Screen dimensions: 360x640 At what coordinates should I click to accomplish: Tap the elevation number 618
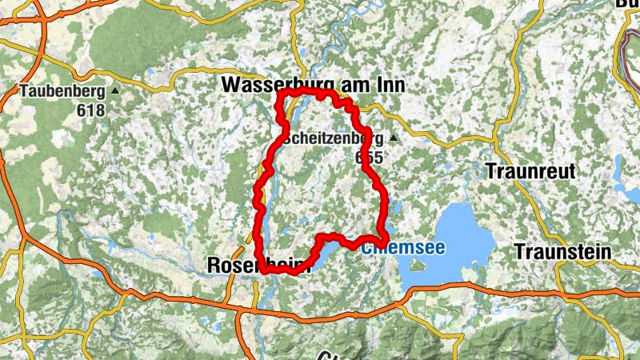click(x=91, y=110)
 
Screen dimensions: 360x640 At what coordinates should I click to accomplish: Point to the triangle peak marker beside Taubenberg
click(x=114, y=92)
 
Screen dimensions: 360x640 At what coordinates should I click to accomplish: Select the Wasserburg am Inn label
click(x=313, y=84)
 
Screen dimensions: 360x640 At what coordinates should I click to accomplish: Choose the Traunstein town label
click(x=562, y=252)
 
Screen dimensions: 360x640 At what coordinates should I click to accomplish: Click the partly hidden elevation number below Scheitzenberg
click(x=370, y=158)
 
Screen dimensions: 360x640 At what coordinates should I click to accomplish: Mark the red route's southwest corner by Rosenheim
click(x=263, y=270)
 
